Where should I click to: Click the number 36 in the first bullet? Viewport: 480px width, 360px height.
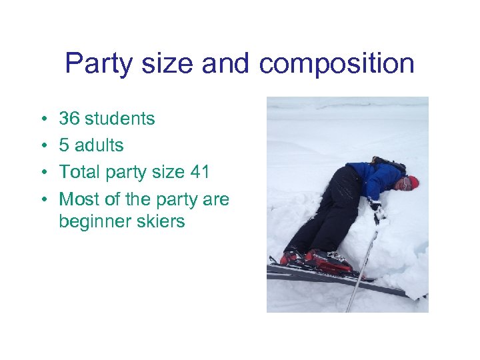[x=69, y=119]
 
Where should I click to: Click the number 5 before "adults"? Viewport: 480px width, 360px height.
[x=64, y=145]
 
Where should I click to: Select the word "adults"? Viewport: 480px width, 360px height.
[x=99, y=145]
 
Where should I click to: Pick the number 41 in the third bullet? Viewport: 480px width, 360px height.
[x=200, y=172]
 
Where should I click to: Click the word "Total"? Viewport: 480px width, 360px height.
[x=78, y=172]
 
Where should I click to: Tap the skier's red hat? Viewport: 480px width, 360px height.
[x=413, y=182]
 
